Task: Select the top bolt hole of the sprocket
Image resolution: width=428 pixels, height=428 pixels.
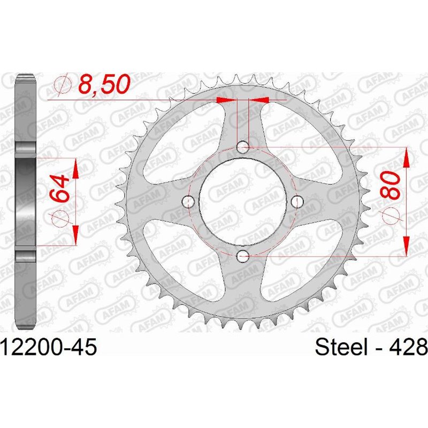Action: (x=243, y=146)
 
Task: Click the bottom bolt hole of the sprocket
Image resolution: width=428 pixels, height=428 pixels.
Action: (x=243, y=256)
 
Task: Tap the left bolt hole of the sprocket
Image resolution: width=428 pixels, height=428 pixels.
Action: (x=188, y=201)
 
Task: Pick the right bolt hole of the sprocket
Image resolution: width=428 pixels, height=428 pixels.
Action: (x=298, y=201)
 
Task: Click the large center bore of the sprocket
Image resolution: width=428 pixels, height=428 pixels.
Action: (x=243, y=201)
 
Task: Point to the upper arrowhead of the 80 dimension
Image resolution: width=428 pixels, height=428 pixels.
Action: (x=406, y=155)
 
